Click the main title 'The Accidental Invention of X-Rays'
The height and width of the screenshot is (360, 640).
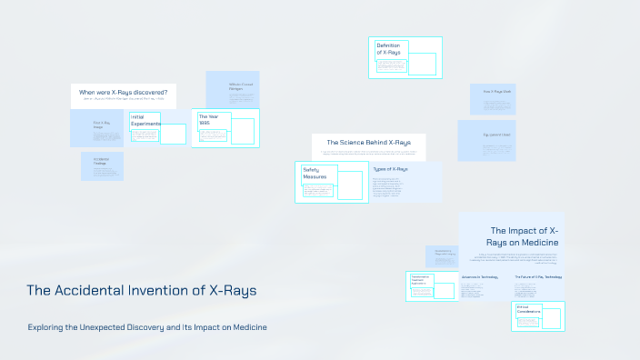click(x=141, y=291)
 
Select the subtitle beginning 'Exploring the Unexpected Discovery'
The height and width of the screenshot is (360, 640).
click(x=147, y=326)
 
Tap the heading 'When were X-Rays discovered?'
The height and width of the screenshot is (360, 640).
click(x=123, y=93)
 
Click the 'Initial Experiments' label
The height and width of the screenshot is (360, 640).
click(x=145, y=120)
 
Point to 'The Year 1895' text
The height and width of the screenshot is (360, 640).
click(x=209, y=120)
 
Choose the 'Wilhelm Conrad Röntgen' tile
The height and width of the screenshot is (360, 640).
click(x=232, y=89)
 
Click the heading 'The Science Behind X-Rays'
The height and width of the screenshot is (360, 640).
click(x=368, y=143)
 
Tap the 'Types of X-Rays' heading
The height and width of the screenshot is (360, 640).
click(x=390, y=169)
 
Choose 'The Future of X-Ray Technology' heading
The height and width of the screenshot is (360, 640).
click(x=538, y=276)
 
